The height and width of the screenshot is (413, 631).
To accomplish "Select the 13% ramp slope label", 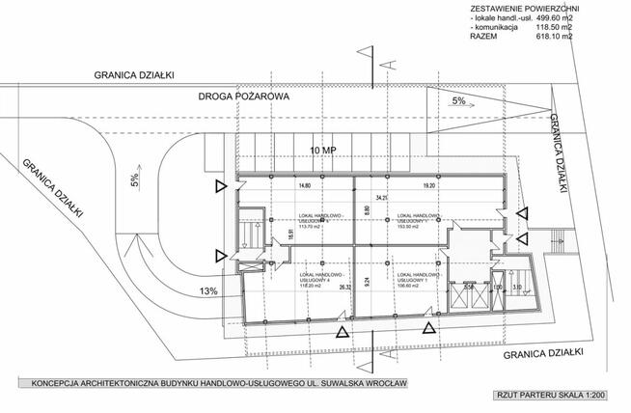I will coord(209,290).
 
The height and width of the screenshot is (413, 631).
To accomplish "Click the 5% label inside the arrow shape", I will coord(458,99).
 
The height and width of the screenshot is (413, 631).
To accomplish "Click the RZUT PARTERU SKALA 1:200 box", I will coord(554,395).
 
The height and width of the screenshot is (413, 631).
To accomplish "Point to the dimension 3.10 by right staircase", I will coord(518,287).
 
